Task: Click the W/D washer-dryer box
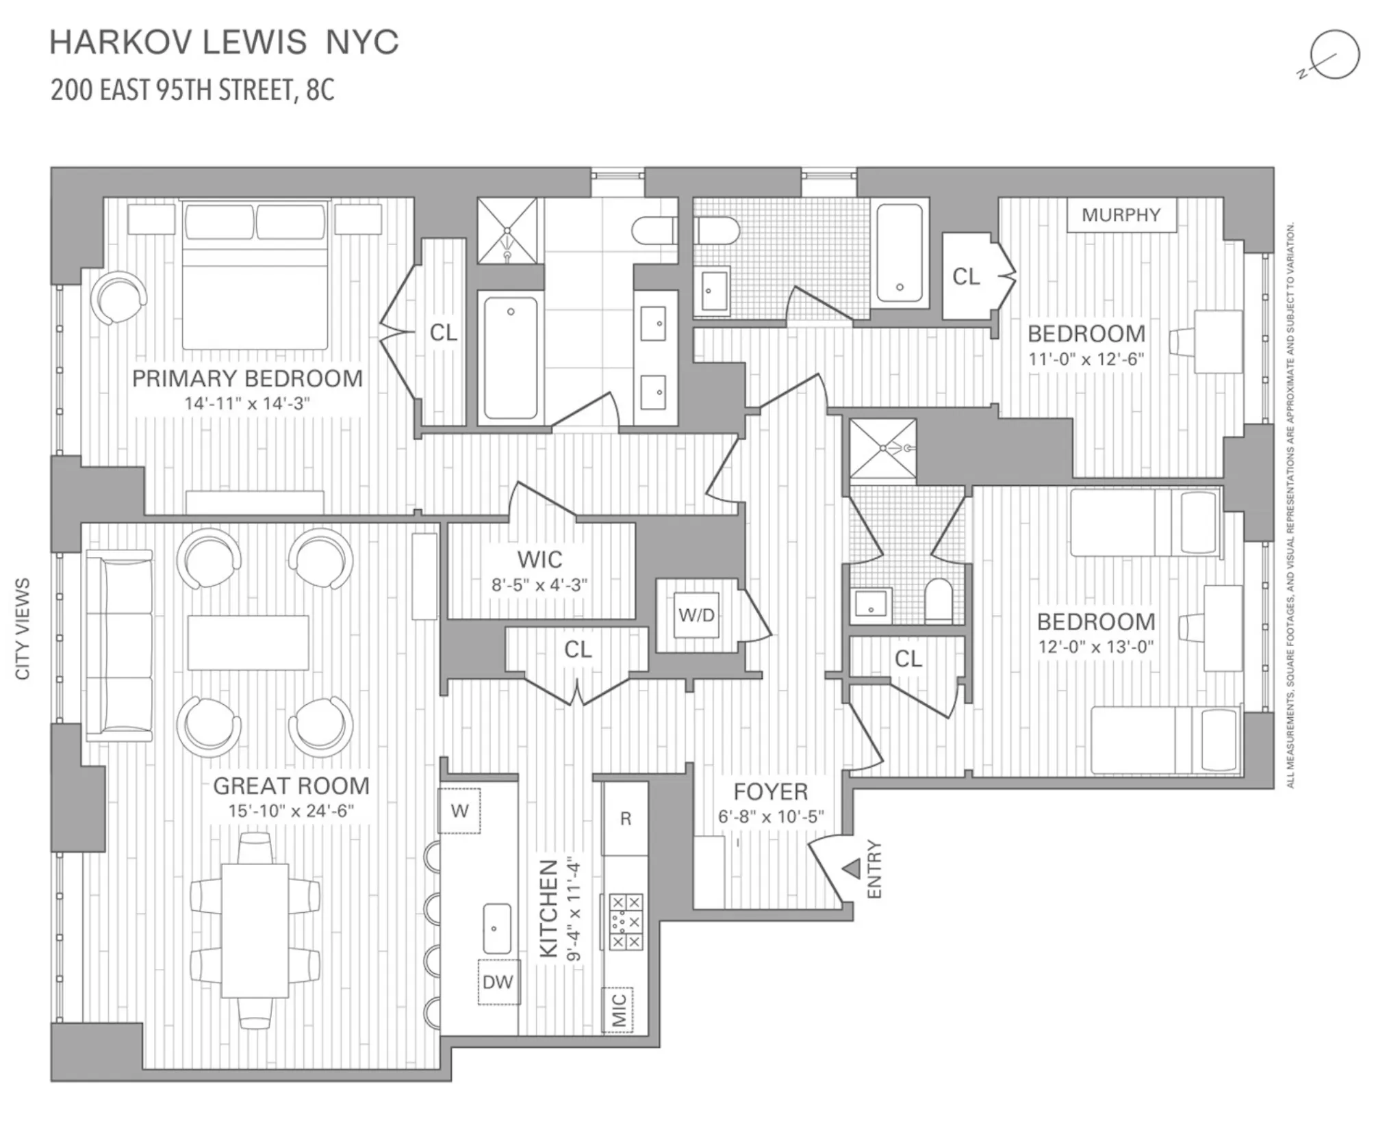(696, 615)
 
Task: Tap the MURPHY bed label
(1121, 215)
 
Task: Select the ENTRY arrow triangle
(851, 869)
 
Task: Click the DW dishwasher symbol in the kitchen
(498, 982)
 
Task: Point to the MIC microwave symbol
(618, 1010)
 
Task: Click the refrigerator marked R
(625, 818)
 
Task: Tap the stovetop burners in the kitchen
(626, 922)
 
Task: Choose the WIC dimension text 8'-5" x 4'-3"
(539, 585)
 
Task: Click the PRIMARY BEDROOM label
(247, 378)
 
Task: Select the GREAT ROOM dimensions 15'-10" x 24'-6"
(291, 811)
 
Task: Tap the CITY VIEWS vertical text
(23, 628)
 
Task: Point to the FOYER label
(770, 792)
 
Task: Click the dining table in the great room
(255, 931)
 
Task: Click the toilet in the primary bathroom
(654, 231)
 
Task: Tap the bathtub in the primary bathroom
(511, 357)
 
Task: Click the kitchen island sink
(497, 929)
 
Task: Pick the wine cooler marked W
(459, 811)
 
